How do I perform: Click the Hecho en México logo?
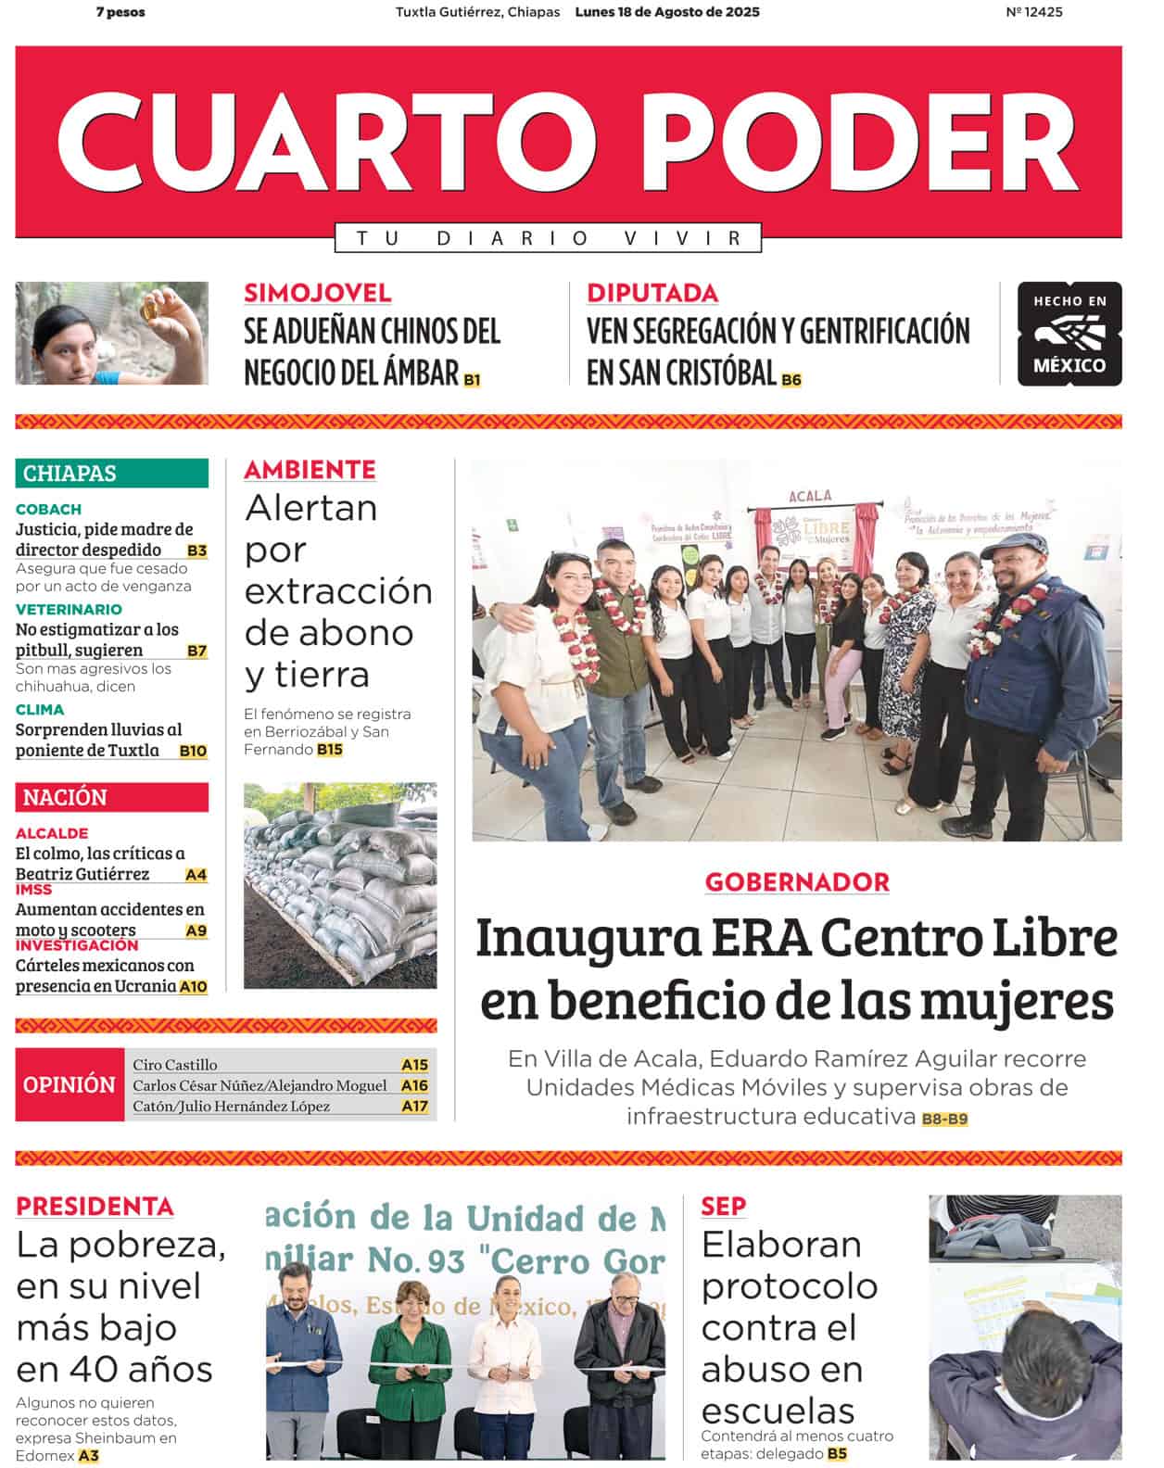click(x=1069, y=334)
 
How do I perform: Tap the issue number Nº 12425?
click(x=1033, y=12)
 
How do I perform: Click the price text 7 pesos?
click(x=120, y=12)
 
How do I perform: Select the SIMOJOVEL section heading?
click(x=317, y=293)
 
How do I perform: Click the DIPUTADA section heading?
click(x=652, y=293)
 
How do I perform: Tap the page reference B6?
click(x=791, y=380)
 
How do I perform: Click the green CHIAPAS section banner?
click(x=111, y=473)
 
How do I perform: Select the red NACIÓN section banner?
click(x=111, y=797)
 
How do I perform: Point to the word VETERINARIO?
click(x=69, y=609)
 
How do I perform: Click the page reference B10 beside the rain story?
click(x=193, y=751)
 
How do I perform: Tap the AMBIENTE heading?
click(x=310, y=470)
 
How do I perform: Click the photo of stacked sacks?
click(x=340, y=885)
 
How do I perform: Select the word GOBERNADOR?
click(x=797, y=881)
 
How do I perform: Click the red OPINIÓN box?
click(x=70, y=1084)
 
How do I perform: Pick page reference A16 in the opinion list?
click(x=414, y=1085)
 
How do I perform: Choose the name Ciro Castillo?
click(x=175, y=1065)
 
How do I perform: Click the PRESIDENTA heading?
click(x=95, y=1206)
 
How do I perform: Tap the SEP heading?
click(x=723, y=1206)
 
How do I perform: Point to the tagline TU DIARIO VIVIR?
click(x=548, y=238)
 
